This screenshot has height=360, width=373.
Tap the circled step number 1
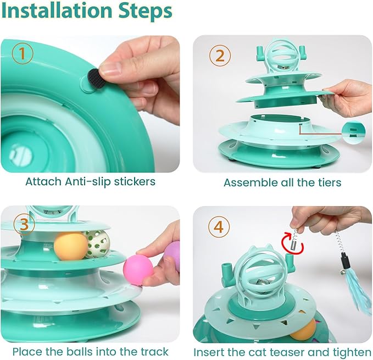pyautogui.click(x=23, y=54)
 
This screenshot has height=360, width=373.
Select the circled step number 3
pyautogui.click(x=24, y=224)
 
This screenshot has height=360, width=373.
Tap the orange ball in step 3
pyautogui.click(x=70, y=245)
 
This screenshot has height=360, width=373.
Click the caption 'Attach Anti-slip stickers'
pyautogui.click(x=90, y=181)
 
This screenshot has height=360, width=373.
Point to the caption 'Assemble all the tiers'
pyautogui.click(x=282, y=182)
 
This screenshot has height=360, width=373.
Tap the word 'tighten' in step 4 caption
pyautogui.click(x=348, y=352)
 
